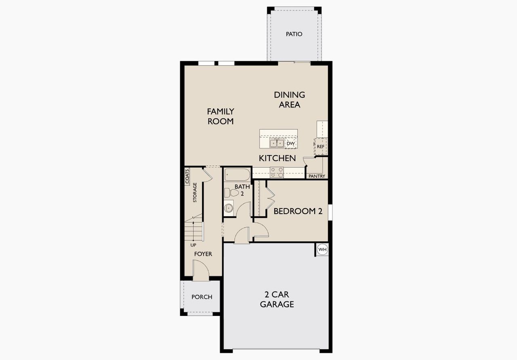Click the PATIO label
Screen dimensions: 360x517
[x=294, y=34]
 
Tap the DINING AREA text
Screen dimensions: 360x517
[x=289, y=100]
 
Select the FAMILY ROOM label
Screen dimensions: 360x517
[x=221, y=116]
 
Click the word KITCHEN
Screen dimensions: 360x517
[x=277, y=158]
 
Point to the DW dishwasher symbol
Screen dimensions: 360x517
[x=290, y=143]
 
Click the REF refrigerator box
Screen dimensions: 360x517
[x=320, y=146]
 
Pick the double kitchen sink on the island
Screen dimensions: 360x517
[x=277, y=143]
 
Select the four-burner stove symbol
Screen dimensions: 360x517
[x=277, y=173]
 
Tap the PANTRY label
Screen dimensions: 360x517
[x=317, y=176]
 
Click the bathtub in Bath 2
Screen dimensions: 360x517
[x=237, y=175]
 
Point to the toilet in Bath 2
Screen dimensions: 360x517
[x=231, y=193]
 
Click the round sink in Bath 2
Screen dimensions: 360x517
[x=229, y=208]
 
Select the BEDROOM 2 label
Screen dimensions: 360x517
[x=298, y=211]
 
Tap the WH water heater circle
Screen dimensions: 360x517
[x=322, y=250]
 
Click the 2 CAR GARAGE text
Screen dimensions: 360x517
[x=277, y=299]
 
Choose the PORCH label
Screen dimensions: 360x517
[x=202, y=297]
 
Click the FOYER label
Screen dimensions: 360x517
[x=203, y=254]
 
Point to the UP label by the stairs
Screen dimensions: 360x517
[x=194, y=245]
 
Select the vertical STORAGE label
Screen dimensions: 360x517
[x=195, y=193]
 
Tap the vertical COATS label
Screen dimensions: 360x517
[x=187, y=176]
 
